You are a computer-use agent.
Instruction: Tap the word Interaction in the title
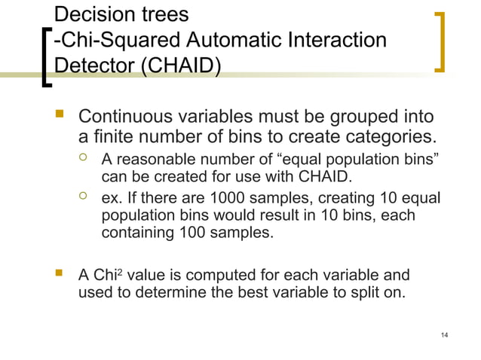click(x=334, y=39)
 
